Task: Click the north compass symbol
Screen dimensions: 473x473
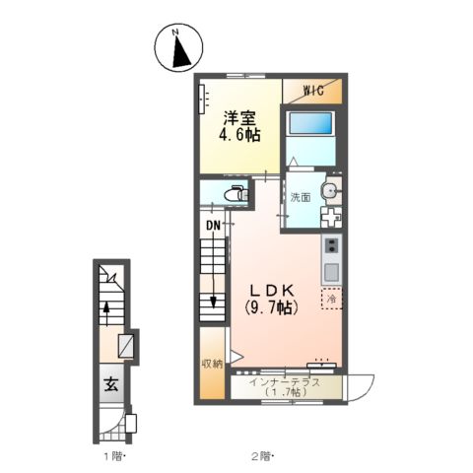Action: pyautogui.click(x=178, y=47)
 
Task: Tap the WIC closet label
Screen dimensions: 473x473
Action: pyautogui.click(x=313, y=90)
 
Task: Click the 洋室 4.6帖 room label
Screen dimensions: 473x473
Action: pyautogui.click(x=239, y=126)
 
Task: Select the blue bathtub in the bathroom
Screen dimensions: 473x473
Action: pyautogui.click(x=310, y=123)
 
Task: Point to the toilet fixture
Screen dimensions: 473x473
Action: pyautogui.click(x=236, y=194)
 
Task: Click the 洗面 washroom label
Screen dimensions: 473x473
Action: pyautogui.click(x=301, y=197)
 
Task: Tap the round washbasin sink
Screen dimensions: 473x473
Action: pyautogui.click(x=330, y=188)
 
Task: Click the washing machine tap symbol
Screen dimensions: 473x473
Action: pyautogui.click(x=331, y=217)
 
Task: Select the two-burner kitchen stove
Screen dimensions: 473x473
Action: pyautogui.click(x=332, y=245)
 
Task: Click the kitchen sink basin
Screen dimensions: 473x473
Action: pyautogui.click(x=332, y=272)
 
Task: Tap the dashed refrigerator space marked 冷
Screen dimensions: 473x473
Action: pyautogui.click(x=332, y=299)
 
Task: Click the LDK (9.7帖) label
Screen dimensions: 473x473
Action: pyautogui.click(x=272, y=299)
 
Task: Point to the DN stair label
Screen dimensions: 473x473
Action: pyautogui.click(x=213, y=225)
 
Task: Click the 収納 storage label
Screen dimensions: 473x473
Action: pyautogui.click(x=212, y=364)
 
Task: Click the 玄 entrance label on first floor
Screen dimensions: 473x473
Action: pyautogui.click(x=111, y=383)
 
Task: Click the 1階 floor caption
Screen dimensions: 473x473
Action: pyautogui.click(x=113, y=456)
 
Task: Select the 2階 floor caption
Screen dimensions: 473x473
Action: pyautogui.click(x=262, y=456)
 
